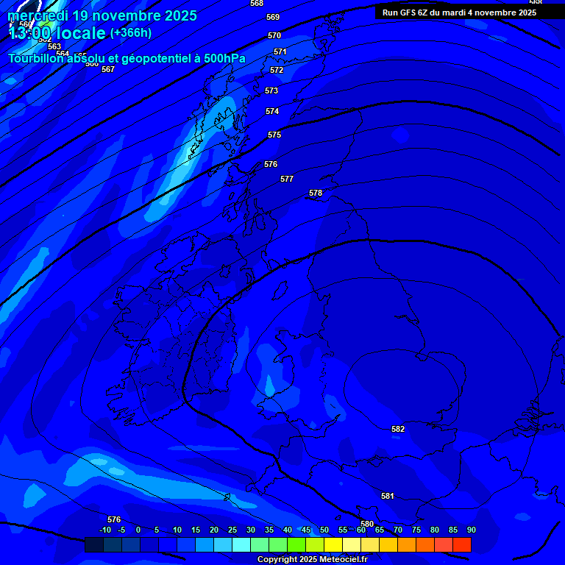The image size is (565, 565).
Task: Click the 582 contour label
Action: click(398, 429)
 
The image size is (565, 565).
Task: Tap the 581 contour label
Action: click(388, 496)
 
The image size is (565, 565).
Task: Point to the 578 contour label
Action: click(316, 193)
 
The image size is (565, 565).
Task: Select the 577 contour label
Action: click(287, 179)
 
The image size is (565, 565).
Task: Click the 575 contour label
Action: click(274, 135)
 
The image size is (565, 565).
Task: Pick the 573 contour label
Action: click(271, 90)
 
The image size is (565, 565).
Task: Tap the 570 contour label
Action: click(274, 35)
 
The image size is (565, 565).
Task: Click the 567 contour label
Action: click(108, 69)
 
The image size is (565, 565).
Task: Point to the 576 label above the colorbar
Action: click(114, 519)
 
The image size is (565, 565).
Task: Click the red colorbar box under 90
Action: click(462, 545)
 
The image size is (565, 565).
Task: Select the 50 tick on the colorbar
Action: click(324, 530)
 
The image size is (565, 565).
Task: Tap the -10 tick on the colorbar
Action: click(105, 530)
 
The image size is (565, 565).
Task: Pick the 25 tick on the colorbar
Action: click(232, 530)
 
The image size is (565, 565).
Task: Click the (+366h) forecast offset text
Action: click(131, 32)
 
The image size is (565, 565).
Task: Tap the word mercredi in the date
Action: click(38, 15)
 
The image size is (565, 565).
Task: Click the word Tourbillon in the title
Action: click(37, 58)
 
